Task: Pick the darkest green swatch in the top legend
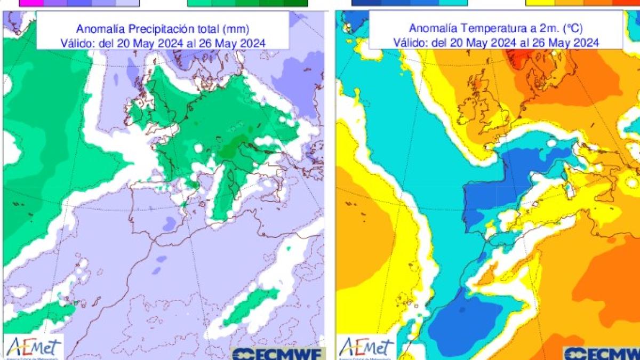click(295, 3)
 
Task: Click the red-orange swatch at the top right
click(625, 3)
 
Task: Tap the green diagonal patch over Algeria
click(251, 307)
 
